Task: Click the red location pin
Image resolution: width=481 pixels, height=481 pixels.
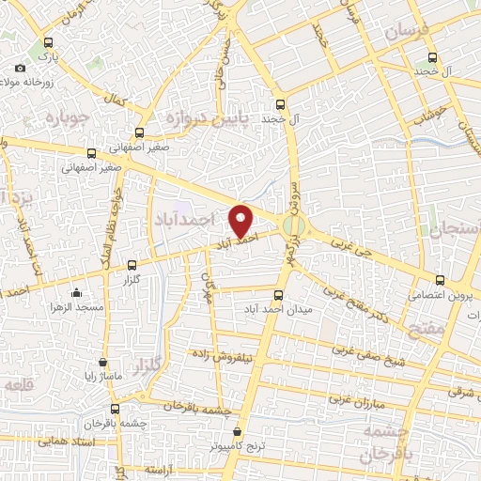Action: pyautogui.click(x=242, y=220)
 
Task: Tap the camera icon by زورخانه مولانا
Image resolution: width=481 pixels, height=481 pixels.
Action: pyautogui.click(x=21, y=68)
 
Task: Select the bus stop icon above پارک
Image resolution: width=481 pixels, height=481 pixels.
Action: pyautogui.click(x=49, y=42)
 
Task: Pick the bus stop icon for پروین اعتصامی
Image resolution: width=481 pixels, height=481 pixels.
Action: pyautogui.click(x=441, y=279)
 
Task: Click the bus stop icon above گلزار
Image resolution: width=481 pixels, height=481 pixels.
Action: pyautogui.click(x=132, y=265)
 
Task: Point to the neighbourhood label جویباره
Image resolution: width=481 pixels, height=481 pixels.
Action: pyautogui.click(x=58, y=118)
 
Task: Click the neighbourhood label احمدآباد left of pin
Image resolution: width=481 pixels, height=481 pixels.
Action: pyautogui.click(x=182, y=219)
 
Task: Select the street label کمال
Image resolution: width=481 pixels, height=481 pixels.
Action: pyautogui.click(x=116, y=99)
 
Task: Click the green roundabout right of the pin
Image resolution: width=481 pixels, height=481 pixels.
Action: pyautogui.click(x=295, y=225)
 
